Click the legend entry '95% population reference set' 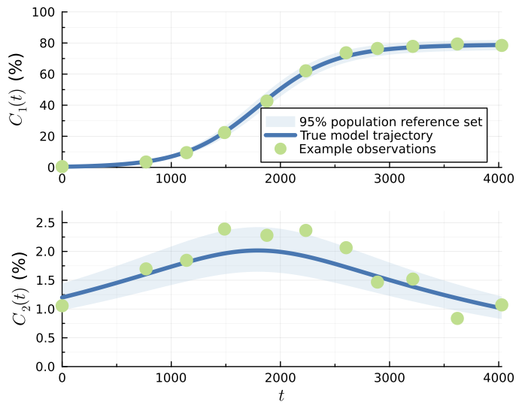[x=390, y=121]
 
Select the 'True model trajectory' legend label [x=366, y=135]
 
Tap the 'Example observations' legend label [x=367, y=149]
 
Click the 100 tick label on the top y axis [x=43, y=13]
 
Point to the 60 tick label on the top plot [x=47, y=74]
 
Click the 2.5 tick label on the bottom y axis [x=44, y=222]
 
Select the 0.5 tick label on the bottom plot [x=44, y=337]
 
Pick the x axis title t [x=281, y=396]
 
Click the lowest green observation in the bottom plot [x=457, y=318]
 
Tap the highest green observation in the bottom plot [x=224, y=229]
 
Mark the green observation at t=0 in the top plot [x=62, y=166]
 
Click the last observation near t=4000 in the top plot [x=501, y=45]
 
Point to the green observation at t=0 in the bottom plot [x=62, y=305]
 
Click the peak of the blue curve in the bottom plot [x=257, y=250]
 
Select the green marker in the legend [x=280, y=149]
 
